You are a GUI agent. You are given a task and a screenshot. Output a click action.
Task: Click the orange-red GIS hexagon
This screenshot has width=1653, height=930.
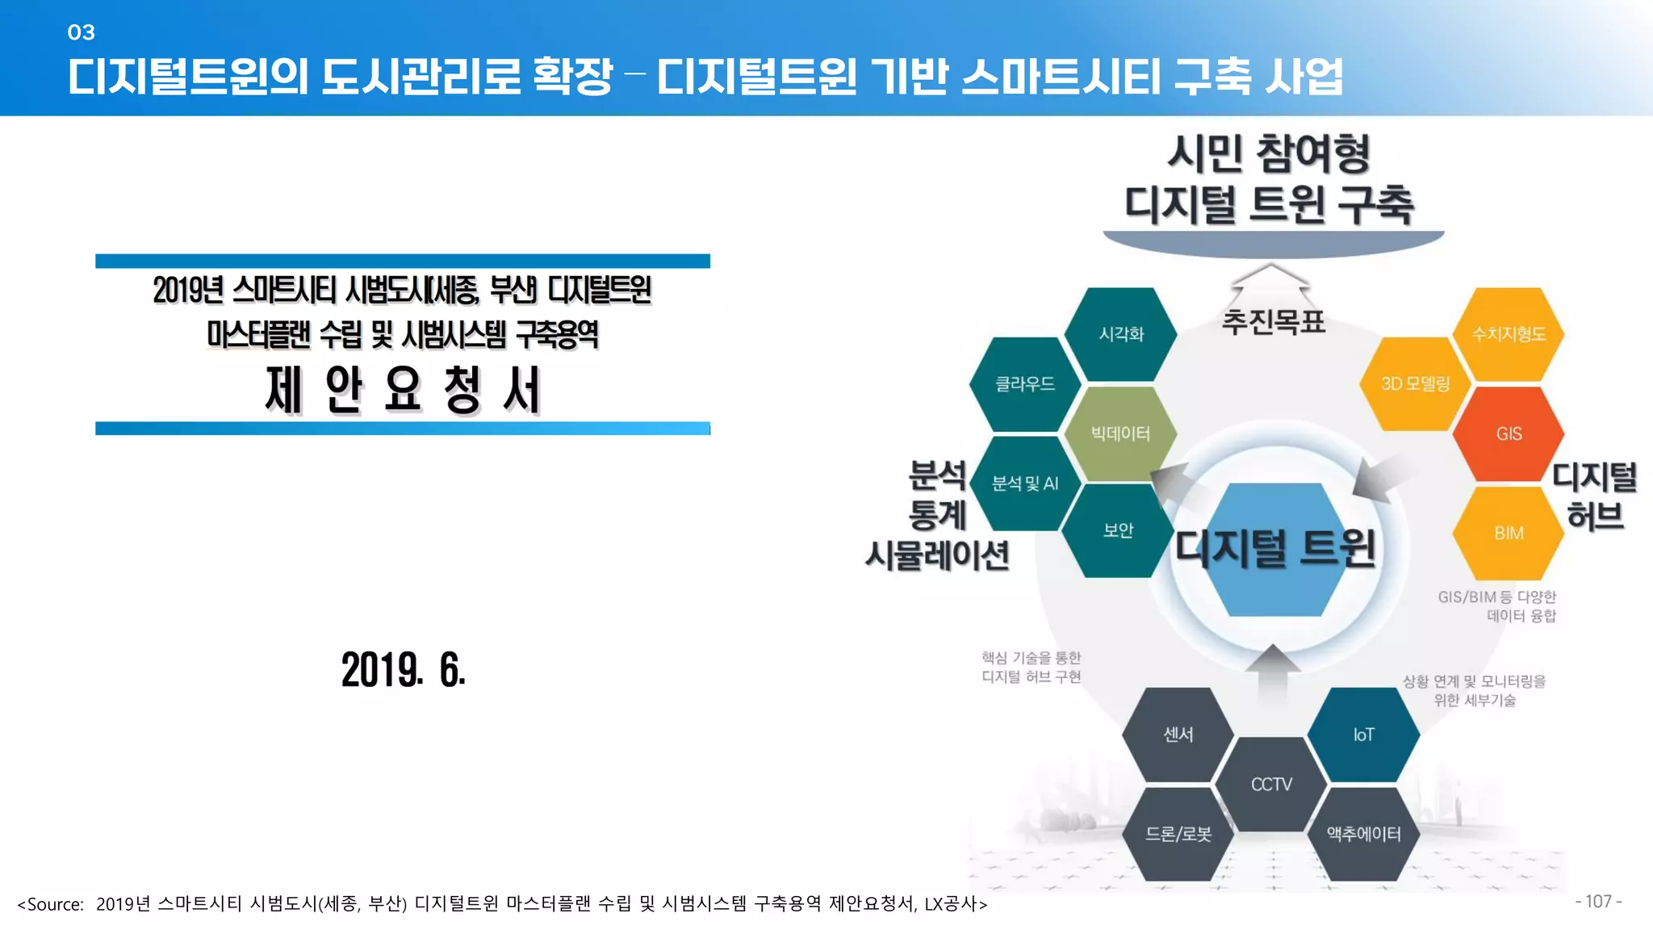(x=1508, y=434)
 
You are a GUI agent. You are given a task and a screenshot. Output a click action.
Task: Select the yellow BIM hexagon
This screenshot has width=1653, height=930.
(x=1508, y=533)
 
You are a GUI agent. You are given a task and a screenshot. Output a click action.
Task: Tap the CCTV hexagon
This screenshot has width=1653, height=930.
(x=1271, y=784)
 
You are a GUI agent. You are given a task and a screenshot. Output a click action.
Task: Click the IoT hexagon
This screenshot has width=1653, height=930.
(x=1363, y=735)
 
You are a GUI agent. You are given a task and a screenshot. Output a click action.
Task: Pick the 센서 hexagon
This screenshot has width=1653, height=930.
(x=1178, y=735)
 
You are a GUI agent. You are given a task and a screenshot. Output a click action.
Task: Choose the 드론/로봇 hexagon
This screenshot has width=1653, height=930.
(x=1178, y=834)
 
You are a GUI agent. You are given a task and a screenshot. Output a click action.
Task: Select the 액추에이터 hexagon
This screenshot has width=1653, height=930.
(x=1363, y=834)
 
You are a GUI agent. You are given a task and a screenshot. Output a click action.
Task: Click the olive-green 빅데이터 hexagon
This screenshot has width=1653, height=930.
(x=1120, y=434)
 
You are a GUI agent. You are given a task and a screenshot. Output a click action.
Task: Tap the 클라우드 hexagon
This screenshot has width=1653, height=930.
(x=1025, y=384)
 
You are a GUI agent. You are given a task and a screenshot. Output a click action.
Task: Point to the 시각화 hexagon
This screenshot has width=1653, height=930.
(x=1120, y=334)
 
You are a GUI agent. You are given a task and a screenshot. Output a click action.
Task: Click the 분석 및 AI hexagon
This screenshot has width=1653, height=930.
(x=1025, y=484)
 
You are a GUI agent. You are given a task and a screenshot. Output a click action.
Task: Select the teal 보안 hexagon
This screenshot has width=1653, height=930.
(x=1118, y=530)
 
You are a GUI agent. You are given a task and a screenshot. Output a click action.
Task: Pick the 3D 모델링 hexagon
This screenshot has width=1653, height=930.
(x=1415, y=384)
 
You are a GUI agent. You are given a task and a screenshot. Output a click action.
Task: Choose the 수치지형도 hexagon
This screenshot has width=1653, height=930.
(x=1508, y=334)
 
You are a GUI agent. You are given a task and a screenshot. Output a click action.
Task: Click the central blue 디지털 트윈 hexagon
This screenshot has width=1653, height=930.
(x=1275, y=549)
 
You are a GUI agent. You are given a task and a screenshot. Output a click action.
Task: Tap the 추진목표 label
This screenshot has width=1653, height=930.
(x=1273, y=322)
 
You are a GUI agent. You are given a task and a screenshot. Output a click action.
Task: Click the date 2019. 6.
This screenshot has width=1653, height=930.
(x=403, y=670)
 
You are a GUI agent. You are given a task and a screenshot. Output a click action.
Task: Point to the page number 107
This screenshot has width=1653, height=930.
(x=1598, y=902)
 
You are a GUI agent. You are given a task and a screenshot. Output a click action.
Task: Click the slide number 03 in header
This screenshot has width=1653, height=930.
(x=81, y=32)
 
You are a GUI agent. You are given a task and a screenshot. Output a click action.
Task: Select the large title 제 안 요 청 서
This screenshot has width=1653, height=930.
(x=403, y=390)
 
